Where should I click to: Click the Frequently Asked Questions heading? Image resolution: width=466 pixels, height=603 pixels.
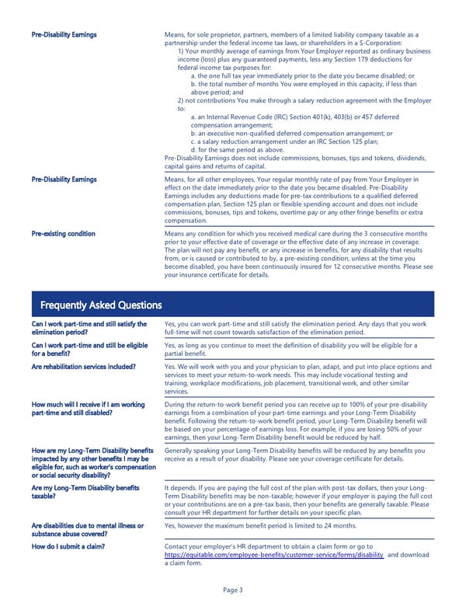pyautogui.click(x=100, y=305)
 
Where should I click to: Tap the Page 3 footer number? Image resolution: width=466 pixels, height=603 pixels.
pyautogui.click(x=232, y=590)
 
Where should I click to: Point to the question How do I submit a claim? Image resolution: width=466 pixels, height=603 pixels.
pyautogui.click(x=69, y=547)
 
